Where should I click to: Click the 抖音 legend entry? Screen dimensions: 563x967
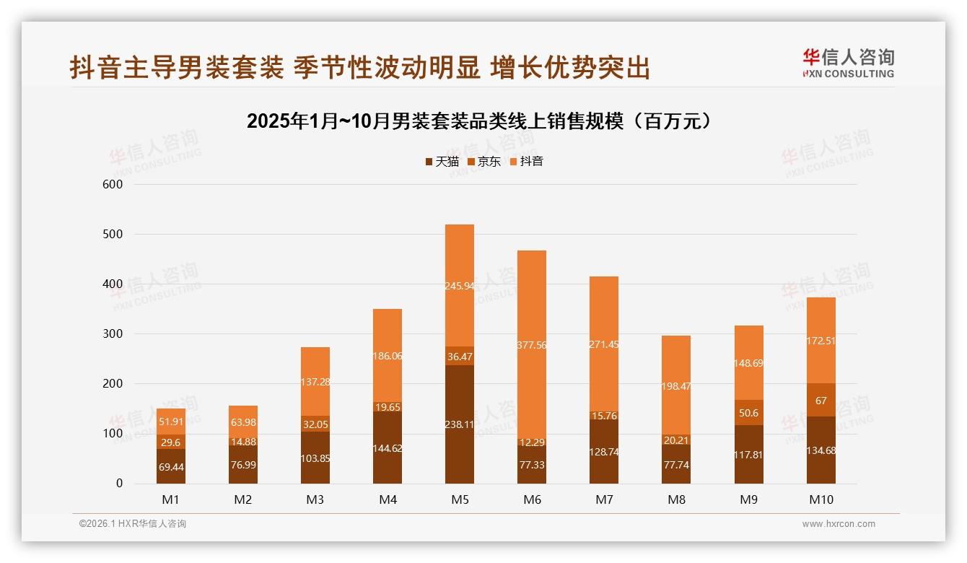[531, 162]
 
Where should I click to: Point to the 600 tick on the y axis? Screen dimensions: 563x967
[114, 184]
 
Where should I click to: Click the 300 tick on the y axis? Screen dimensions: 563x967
[114, 334]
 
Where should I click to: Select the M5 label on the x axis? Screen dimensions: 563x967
[460, 499]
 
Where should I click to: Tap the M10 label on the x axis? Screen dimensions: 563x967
[821, 499]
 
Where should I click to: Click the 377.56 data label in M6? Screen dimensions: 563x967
[532, 345]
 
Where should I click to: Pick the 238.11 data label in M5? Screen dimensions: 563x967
[460, 424]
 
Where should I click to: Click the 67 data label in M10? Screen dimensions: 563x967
[821, 401]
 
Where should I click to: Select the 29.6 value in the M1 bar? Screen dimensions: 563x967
[171, 442]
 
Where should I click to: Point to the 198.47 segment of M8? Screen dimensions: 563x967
[676, 386]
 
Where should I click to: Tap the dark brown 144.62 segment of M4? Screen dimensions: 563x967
[388, 448]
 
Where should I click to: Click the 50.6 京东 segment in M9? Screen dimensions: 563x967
[748, 413]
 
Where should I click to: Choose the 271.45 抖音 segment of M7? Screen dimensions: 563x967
[604, 345]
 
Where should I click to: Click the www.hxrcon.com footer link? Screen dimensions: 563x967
[839, 524]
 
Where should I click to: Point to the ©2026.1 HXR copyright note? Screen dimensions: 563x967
[132, 524]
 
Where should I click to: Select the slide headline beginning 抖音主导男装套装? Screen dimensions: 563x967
[359, 68]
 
